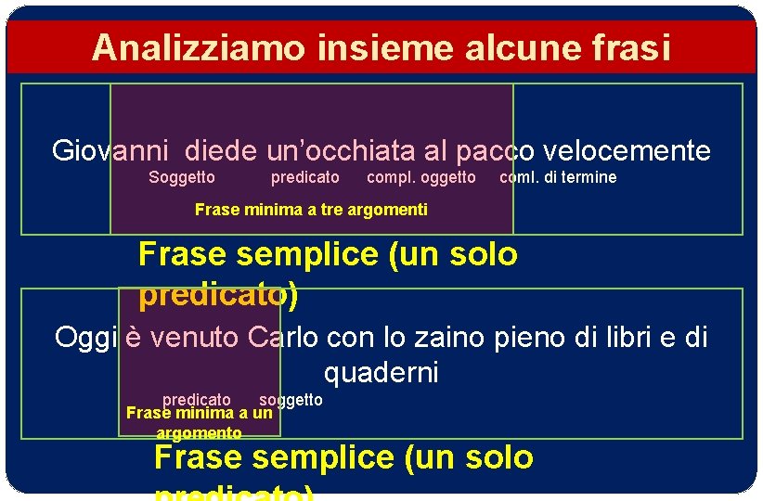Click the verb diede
(x=222, y=150)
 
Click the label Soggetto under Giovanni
(x=182, y=177)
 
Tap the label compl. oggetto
(x=421, y=177)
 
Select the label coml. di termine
(x=558, y=177)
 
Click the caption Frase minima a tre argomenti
(x=311, y=210)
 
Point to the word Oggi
(x=85, y=337)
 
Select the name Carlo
(x=283, y=337)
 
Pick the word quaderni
(x=381, y=374)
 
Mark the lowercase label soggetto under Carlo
(x=291, y=400)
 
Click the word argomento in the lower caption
(x=199, y=433)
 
